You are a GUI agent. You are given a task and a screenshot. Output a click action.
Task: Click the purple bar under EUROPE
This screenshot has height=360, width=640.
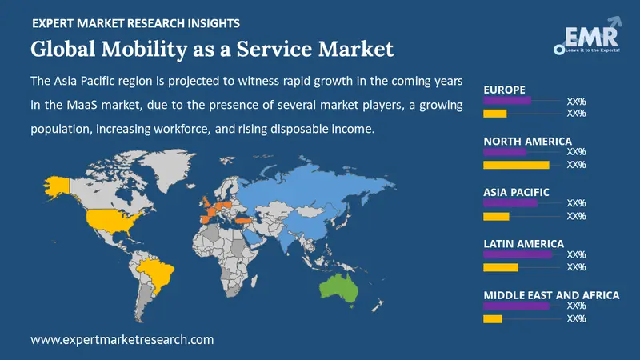pyautogui.click(x=507, y=101)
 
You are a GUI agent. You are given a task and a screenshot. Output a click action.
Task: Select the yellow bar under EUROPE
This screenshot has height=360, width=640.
pyautogui.click(x=495, y=114)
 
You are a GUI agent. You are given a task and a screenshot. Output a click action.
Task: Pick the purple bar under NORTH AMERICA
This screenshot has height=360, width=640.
pyautogui.click(x=505, y=152)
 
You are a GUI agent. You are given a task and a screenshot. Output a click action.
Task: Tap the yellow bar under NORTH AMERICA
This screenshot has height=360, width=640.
pyautogui.click(x=516, y=165)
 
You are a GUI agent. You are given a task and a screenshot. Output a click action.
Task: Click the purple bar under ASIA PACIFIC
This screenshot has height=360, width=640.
pyautogui.click(x=510, y=203)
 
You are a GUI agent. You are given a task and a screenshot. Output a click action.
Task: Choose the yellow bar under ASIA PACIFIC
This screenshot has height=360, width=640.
pyautogui.click(x=496, y=216)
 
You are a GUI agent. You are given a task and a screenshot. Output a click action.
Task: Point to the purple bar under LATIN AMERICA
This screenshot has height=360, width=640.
pyautogui.click(x=518, y=254)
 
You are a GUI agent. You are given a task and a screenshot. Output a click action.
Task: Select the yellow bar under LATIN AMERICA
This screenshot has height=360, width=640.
pyautogui.click(x=501, y=267)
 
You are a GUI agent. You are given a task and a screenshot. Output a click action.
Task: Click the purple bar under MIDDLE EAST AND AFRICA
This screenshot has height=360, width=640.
pyautogui.click(x=516, y=306)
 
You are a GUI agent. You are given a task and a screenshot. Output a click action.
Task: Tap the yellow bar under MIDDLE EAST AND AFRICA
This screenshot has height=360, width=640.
pyautogui.click(x=493, y=318)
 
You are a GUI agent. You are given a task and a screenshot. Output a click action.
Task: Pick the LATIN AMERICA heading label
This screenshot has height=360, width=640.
pyautogui.click(x=524, y=243)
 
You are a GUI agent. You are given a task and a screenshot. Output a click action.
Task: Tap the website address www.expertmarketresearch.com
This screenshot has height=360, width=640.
pyautogui.click(x=122, y=339)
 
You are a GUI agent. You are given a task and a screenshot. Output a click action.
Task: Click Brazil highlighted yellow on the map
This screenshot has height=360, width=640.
pyautogui.click(x=158, y=271)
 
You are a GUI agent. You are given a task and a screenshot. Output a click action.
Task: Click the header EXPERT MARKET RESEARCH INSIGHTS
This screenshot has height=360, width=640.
pyautogui.click(x=137, y=25)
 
